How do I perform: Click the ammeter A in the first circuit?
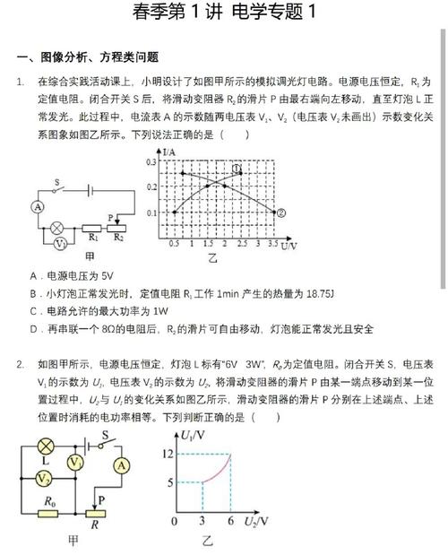[38, 206]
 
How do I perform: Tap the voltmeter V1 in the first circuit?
[59, 243]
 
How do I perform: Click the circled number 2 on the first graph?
[280, 212]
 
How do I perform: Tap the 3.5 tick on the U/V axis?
[272, 245]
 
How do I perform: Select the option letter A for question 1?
[32, 276]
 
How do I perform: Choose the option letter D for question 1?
[32, 328]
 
